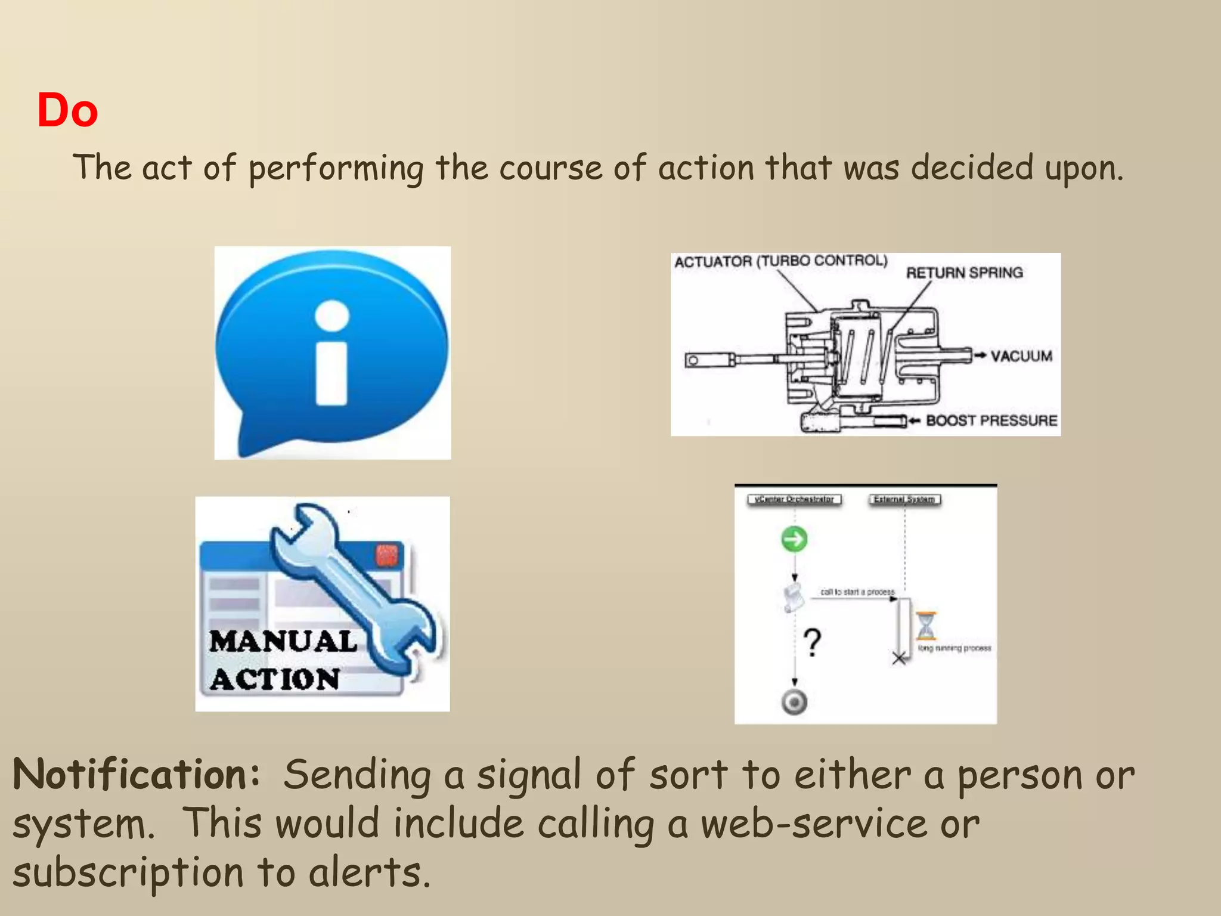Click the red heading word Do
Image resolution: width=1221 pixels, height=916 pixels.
point(67,111)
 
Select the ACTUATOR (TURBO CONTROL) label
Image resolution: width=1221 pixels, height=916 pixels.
point(780,261)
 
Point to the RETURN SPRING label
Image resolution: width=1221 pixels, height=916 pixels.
point(964,273)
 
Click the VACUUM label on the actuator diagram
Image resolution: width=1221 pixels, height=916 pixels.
point(1021,356)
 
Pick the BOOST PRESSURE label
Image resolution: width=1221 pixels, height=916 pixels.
point(991,420)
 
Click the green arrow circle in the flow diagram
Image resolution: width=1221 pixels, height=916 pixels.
point(794,539)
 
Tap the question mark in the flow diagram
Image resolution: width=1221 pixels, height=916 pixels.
point(812,642)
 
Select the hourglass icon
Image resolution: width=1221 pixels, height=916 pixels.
point(926,626)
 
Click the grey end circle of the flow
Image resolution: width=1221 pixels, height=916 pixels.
point(794,702)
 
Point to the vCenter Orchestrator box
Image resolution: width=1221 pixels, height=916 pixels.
point(794,499)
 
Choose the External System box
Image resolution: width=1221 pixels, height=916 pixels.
point(904,499)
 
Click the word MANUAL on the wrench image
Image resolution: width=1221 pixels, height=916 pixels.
point(283,642)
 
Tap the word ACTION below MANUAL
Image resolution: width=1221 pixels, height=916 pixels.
point(275,679)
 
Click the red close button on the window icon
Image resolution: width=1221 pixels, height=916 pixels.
point(386,555)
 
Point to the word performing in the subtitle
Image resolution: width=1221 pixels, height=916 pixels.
point(336,168)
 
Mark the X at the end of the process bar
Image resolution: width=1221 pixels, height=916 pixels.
point(899,658)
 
